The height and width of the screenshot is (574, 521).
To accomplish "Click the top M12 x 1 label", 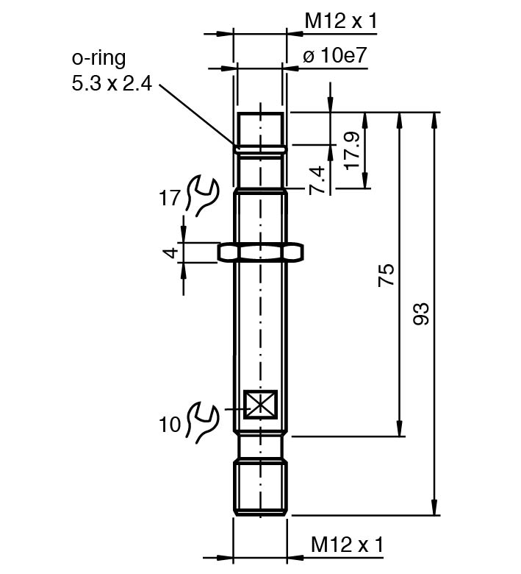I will (340, 21).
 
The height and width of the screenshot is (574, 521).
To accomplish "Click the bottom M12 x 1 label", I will (347, 545).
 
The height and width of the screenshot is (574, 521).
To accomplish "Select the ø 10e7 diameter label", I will (334, 57).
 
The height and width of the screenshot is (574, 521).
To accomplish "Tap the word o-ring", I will (98, 57).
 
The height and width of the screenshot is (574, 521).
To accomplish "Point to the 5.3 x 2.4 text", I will (111, 84).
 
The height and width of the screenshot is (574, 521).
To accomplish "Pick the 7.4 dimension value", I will (317, 180).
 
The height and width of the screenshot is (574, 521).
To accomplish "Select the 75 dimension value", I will (387, 274).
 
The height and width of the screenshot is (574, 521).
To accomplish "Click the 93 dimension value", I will (421, 313).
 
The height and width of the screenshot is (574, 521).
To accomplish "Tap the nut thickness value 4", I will (170, 252).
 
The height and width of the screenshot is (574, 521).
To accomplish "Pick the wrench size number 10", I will (170, 425).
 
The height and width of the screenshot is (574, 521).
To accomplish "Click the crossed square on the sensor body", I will (259, 404).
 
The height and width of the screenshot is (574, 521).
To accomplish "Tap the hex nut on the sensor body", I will (260, 252).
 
